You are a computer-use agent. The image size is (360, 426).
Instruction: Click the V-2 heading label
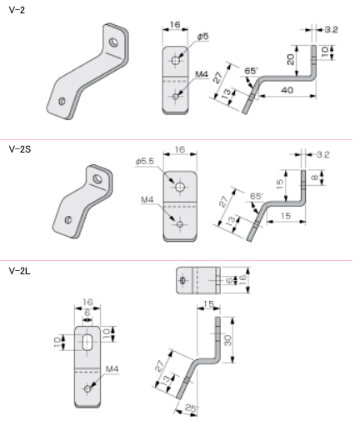(x=17, y=10)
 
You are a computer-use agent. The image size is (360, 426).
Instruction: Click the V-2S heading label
(x=20, y=149)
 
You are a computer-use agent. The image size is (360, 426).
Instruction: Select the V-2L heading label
(x=19, y=271)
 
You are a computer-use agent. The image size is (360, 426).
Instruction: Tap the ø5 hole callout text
(x=203, y=37)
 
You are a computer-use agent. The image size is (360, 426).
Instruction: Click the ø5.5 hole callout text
(x=145, y=162)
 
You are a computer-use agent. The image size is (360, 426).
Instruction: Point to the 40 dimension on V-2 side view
(x=287, y=90)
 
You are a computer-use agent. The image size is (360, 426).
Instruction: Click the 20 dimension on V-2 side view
(x=290, y=59)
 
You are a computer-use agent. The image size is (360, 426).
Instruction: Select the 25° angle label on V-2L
(x=192, y=408)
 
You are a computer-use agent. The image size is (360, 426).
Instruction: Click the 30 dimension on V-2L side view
(x=227, y=340)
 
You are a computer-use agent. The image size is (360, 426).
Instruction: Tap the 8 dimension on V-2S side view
(x=314, y=178)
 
